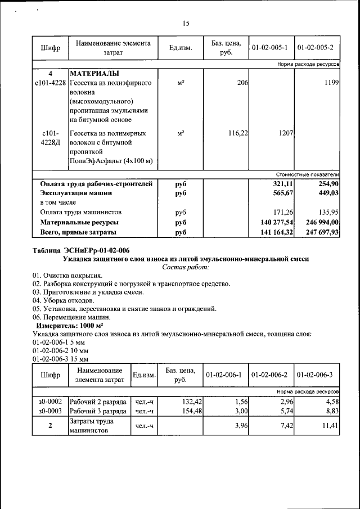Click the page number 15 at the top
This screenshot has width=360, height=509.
pos(186,24)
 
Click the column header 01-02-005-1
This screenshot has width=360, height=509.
pos(271,47)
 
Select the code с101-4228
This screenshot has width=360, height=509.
pos(50,83)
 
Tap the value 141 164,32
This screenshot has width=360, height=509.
pos(273,232)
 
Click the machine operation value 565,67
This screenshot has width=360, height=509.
pos(281,193)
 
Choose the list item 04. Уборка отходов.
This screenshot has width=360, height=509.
pos(64,301)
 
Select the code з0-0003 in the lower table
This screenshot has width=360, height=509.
pos(50,411)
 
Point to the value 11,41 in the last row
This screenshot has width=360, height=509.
pos(330,426)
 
